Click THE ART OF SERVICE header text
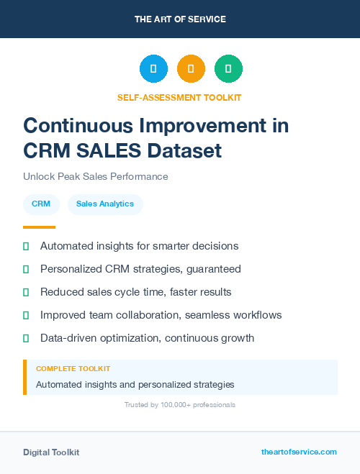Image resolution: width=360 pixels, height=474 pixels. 180,19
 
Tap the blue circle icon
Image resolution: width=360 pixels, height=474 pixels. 153,69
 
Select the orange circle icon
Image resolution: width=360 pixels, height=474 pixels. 191,69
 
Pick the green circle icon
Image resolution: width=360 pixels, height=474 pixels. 228,69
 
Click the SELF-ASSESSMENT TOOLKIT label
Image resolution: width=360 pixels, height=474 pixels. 179,97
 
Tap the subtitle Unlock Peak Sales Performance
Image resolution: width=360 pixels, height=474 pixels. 95,176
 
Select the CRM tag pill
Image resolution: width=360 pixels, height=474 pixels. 41,204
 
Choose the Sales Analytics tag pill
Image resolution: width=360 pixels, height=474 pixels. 105,204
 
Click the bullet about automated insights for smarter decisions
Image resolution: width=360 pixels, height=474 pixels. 139,246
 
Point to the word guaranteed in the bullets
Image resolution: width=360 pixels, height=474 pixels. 214,269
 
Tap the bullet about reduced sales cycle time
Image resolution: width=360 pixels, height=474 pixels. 135,292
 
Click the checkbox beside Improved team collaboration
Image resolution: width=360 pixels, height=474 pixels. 26,315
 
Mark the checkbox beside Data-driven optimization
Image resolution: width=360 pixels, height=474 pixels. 26,338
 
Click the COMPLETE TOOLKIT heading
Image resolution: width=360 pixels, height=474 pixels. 73,369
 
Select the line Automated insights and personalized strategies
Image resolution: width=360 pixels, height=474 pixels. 135,385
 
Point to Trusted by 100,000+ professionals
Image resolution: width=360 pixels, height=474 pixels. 179,405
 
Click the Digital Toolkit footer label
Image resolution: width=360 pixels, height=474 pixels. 51,452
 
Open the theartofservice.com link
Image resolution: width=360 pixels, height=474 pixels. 299,452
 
